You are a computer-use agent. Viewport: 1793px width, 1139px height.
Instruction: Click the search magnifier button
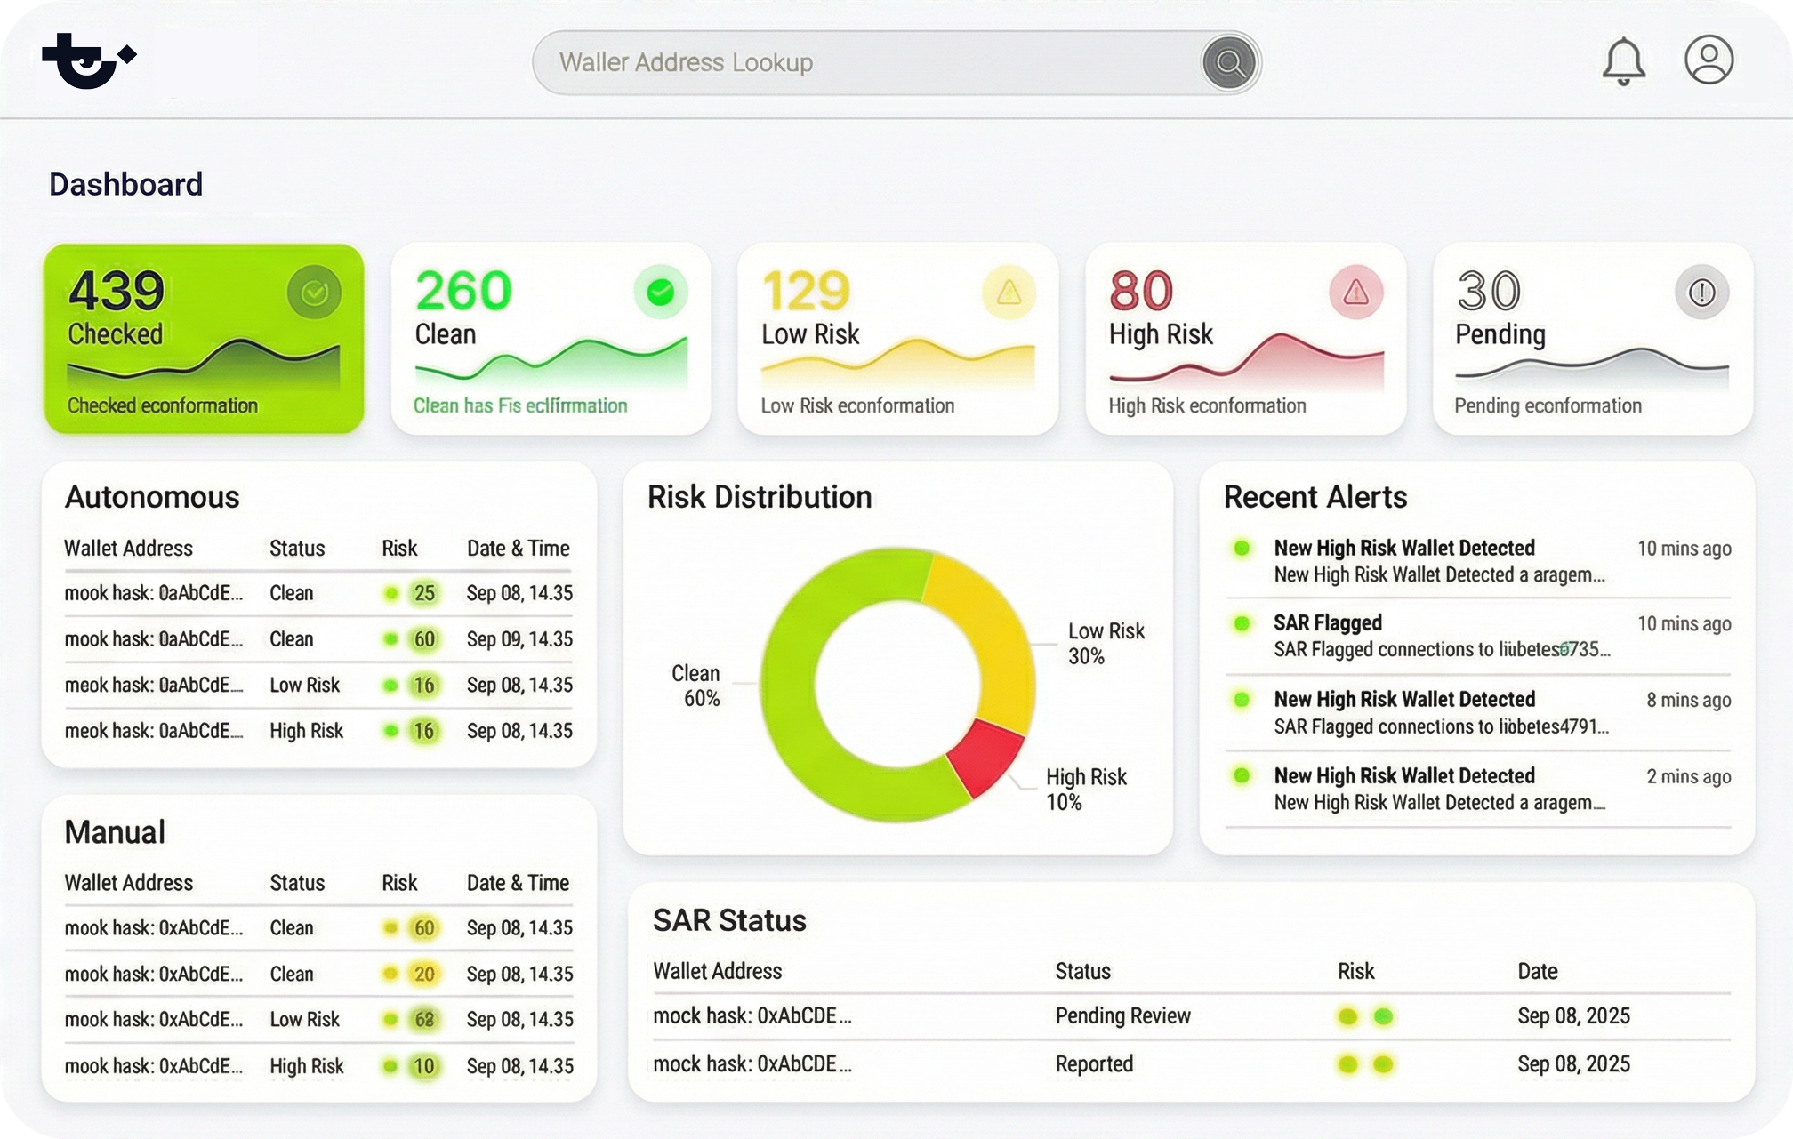1229,62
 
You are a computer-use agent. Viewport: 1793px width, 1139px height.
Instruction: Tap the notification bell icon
1623,60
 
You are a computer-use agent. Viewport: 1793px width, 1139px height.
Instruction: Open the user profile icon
1709,60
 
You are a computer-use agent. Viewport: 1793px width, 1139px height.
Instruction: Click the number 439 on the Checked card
117,290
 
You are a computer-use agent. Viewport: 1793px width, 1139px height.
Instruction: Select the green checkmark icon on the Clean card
660,292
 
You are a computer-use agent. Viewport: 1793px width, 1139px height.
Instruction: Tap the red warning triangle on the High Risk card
1355,292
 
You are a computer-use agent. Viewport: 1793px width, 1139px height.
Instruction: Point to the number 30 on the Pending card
1489,290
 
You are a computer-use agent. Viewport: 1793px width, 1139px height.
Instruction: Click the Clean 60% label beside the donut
696,686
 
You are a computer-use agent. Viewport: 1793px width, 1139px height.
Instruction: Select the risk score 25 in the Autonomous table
424,593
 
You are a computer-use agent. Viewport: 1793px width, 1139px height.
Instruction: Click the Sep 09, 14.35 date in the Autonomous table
519,639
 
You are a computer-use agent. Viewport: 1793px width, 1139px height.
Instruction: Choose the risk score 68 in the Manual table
424,1020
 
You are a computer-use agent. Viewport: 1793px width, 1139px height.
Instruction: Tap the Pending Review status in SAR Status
1122,1016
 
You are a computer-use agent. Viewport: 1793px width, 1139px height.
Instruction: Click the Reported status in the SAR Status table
1094,1064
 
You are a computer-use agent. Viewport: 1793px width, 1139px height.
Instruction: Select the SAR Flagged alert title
1327,623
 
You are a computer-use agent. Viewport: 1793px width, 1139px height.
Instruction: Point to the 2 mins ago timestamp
1688,776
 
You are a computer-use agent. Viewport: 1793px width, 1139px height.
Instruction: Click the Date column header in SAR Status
1537,971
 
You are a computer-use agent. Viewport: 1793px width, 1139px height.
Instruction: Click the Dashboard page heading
125,184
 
